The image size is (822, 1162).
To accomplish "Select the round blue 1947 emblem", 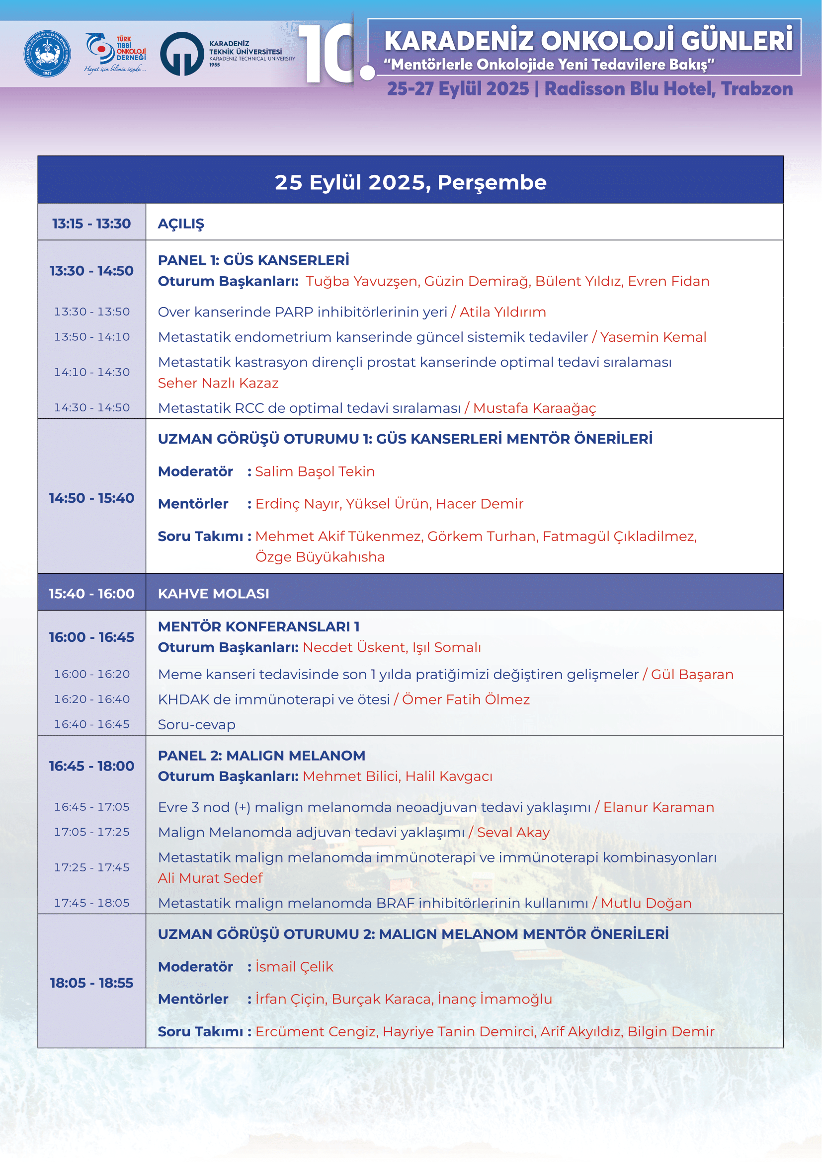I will [47, 54].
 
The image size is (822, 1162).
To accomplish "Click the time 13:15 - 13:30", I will [91, 224].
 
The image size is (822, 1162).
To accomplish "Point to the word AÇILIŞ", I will [181, 224].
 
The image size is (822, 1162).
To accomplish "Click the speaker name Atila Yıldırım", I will [502, 312].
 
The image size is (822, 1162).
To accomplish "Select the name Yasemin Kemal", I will [653, 337].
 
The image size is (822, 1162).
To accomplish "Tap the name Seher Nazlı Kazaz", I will [218, 383].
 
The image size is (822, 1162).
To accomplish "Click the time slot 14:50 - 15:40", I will [91, 498].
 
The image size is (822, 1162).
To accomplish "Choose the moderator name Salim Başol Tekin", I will [315, 471].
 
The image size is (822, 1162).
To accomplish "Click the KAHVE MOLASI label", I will [214, 594].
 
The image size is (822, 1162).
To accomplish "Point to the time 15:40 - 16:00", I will [91, 594].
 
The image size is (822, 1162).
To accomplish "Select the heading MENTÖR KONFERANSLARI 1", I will [258, 626].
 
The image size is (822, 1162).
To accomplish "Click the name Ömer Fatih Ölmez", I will [466, 699].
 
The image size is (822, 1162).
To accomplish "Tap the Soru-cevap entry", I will [196, 725].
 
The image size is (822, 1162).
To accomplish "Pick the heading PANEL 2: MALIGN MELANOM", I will [261, 756].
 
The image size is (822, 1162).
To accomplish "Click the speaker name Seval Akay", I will [513, 833].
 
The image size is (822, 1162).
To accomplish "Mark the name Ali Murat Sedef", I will [210, 878].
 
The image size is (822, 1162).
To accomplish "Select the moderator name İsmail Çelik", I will [294, 967].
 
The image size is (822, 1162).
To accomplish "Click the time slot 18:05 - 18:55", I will [91, 983].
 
